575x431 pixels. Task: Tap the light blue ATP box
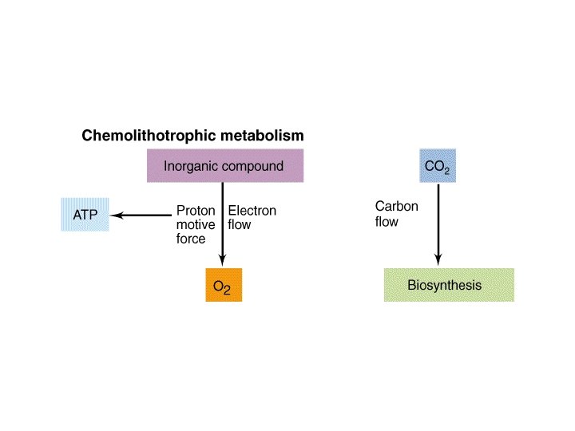[84, 215]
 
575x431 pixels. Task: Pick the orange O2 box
[223, 285]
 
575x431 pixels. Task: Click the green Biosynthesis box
[449, 285]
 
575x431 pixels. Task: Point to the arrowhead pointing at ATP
[114, 215]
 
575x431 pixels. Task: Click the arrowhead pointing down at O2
[223, 263]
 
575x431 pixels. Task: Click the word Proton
[195, 211]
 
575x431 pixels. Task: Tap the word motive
[196, 224]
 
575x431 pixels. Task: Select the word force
[191, 238]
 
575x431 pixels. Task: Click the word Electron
[252, 211]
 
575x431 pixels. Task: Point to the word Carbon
[396, 207]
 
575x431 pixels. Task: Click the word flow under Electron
[239, 224]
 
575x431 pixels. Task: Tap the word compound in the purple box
[253, 166]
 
